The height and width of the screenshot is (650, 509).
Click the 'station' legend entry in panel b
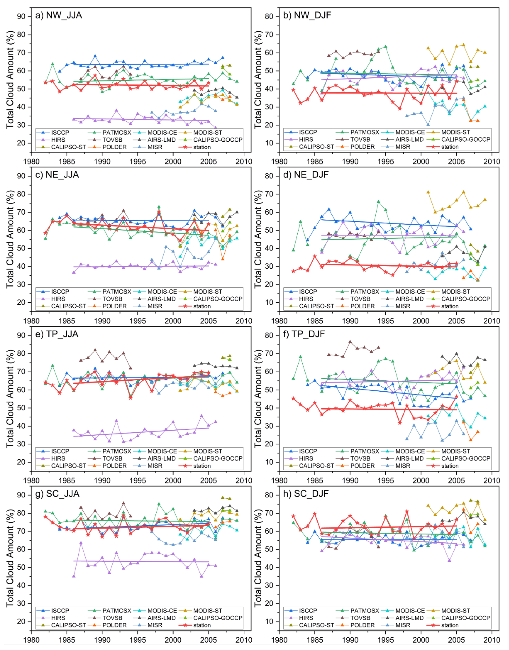(450, 147)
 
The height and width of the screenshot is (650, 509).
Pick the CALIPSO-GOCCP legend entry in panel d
(465, 299)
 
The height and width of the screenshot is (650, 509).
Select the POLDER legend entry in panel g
(114, 625)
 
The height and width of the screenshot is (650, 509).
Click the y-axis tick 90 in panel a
(21, 17)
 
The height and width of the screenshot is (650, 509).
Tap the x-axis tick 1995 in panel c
(138, 321)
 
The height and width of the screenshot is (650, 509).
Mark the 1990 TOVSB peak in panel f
(350, 342)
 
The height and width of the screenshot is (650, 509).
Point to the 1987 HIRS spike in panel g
(81, 543)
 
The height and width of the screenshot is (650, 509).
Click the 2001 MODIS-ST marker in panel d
(428, 192)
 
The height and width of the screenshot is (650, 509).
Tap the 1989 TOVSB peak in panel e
(95, 350)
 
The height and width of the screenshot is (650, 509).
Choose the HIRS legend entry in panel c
(58, 299)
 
